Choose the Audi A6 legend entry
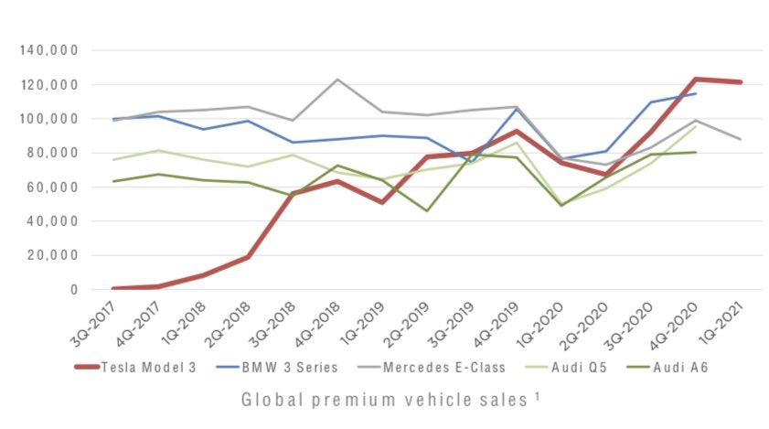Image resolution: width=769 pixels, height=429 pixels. [678, 368]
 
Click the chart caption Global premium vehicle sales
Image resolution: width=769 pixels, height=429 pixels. [385, 400]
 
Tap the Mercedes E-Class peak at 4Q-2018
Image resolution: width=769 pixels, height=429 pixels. [336, 80]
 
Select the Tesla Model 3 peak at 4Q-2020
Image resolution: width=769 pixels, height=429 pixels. [694, 80]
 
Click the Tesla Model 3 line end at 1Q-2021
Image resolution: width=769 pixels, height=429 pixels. [742, 82]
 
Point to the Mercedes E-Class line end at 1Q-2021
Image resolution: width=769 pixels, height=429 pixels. [742, 139]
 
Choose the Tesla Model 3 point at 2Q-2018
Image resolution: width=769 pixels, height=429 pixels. [246, 257]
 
